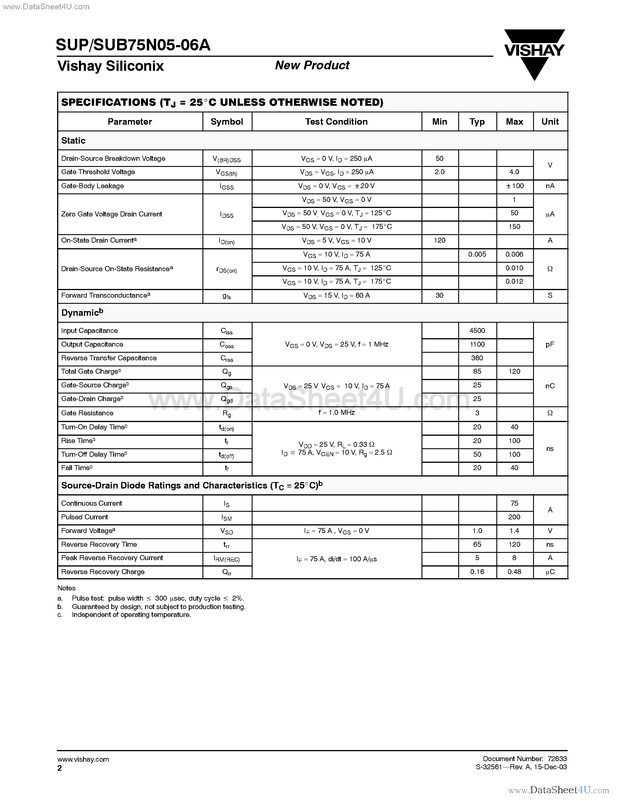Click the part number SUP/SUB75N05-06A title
tap(133, 45)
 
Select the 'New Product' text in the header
tap(312, 65)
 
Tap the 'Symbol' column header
tap(227, 122)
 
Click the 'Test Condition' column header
tap(336, 122)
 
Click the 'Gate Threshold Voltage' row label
tap(98, 172)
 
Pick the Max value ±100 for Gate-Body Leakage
tap(514, 186)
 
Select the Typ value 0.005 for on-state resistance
tap(477, 255)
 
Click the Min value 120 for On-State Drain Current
tap(439, 241)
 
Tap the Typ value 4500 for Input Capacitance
tap(477, 331)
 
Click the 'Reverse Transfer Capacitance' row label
tap(109, 358)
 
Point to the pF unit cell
tap(550, 344)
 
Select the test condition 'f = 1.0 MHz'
tap(336, 413)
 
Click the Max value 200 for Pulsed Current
tap(514, 517)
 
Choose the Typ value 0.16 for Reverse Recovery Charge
tap(477, 572)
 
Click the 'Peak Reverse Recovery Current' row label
tap(112, 558)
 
